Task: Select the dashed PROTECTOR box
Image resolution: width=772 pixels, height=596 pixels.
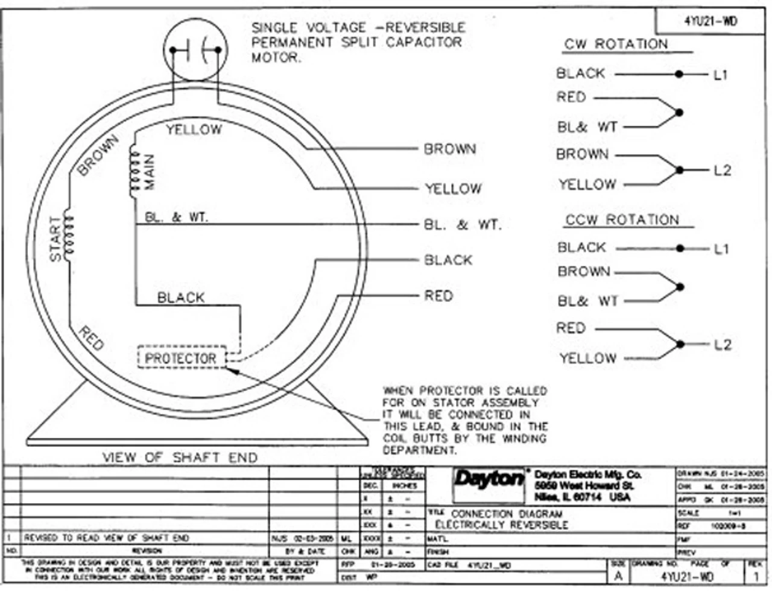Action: [x=182, y=357]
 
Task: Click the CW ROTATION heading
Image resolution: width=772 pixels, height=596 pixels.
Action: [x=616, y=45]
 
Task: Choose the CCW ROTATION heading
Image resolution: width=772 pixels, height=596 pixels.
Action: [x=622, y=220]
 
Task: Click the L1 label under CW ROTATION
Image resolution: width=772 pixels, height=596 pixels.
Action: [x=721, y=75]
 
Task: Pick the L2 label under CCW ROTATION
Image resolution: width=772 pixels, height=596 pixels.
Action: [x=722, y=345]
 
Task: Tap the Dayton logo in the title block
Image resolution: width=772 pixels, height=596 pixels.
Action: [x=489, y=480]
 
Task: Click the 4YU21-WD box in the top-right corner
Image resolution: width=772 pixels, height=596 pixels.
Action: [x=710, y=22]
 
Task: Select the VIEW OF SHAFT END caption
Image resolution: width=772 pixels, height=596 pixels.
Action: [x=180, y=457]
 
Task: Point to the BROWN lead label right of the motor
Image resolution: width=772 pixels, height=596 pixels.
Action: [x=450, y=149]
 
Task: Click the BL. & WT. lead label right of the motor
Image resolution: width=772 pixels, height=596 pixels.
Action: [x=462, y=225]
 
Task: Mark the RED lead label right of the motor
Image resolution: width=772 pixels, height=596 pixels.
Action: [x=438, y=296]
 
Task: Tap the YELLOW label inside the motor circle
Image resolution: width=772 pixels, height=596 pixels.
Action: [x=194, y=129]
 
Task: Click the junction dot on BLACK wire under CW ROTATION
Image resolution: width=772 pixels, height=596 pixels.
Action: [x=679, y=74]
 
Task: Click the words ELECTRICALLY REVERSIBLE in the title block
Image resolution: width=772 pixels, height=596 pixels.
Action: [x=502, y=525]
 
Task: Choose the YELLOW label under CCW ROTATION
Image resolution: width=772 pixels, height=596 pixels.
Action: [x=587, y=359]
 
